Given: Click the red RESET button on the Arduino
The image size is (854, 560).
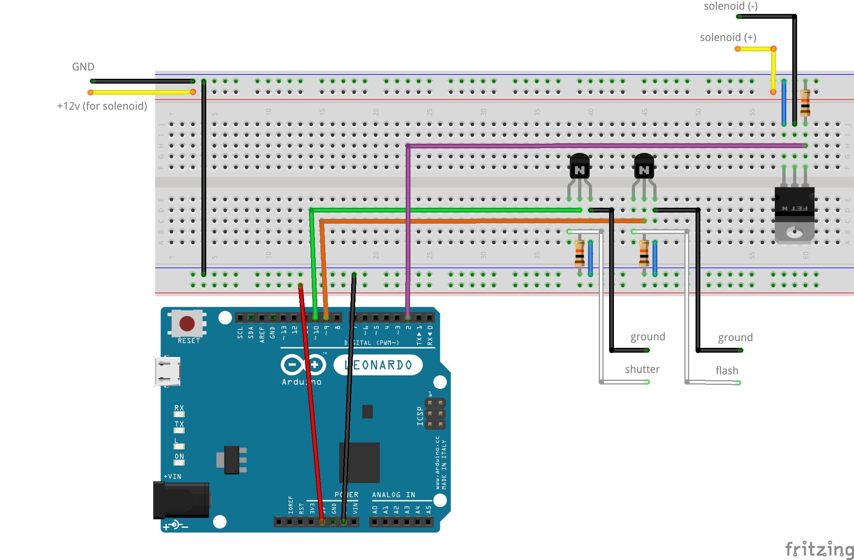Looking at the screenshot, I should [187, 323].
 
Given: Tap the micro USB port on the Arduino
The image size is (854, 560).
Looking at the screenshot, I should [167, 371].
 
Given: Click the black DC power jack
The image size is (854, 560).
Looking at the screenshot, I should [182, 500].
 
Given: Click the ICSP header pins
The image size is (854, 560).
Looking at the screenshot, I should [435, 414].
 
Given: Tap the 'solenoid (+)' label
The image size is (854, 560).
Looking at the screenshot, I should [728, 37].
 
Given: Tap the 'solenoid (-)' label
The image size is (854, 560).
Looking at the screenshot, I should [731, 6].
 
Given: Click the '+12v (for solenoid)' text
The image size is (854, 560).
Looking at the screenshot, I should [102, 106].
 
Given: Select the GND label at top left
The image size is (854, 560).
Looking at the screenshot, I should [83, 66].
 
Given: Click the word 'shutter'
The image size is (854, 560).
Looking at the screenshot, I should [642, 369].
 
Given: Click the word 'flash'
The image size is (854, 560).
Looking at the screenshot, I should [727, 371].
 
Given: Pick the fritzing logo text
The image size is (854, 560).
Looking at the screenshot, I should [819, 549].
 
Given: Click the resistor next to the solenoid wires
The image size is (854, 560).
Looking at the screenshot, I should [805, 103].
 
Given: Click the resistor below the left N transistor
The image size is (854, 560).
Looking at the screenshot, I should [579, 253].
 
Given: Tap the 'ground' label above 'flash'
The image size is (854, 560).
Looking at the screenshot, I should [735, 337].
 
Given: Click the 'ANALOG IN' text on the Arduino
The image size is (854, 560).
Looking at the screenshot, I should [393, 495].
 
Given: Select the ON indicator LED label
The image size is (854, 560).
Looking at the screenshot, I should [179, 457].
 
